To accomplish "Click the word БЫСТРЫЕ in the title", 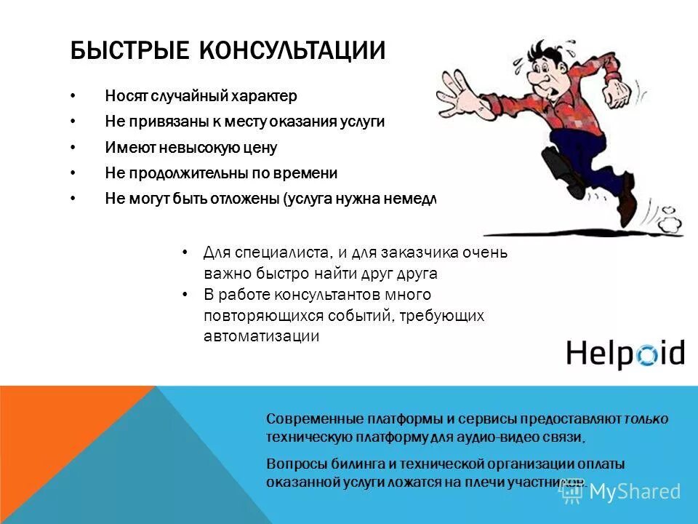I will click(x=119, y=52).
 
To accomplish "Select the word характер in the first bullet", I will click(x=265, y=95).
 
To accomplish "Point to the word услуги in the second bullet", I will click(x=361, y=122).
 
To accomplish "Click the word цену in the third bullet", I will click(x=262, y=148).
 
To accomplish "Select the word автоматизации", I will click(x=261, y=337).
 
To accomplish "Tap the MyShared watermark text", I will click(x=635, y=491).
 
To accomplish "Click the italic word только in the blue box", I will click(x=646, y=419).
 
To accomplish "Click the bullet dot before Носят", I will click(x=73, y=95).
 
